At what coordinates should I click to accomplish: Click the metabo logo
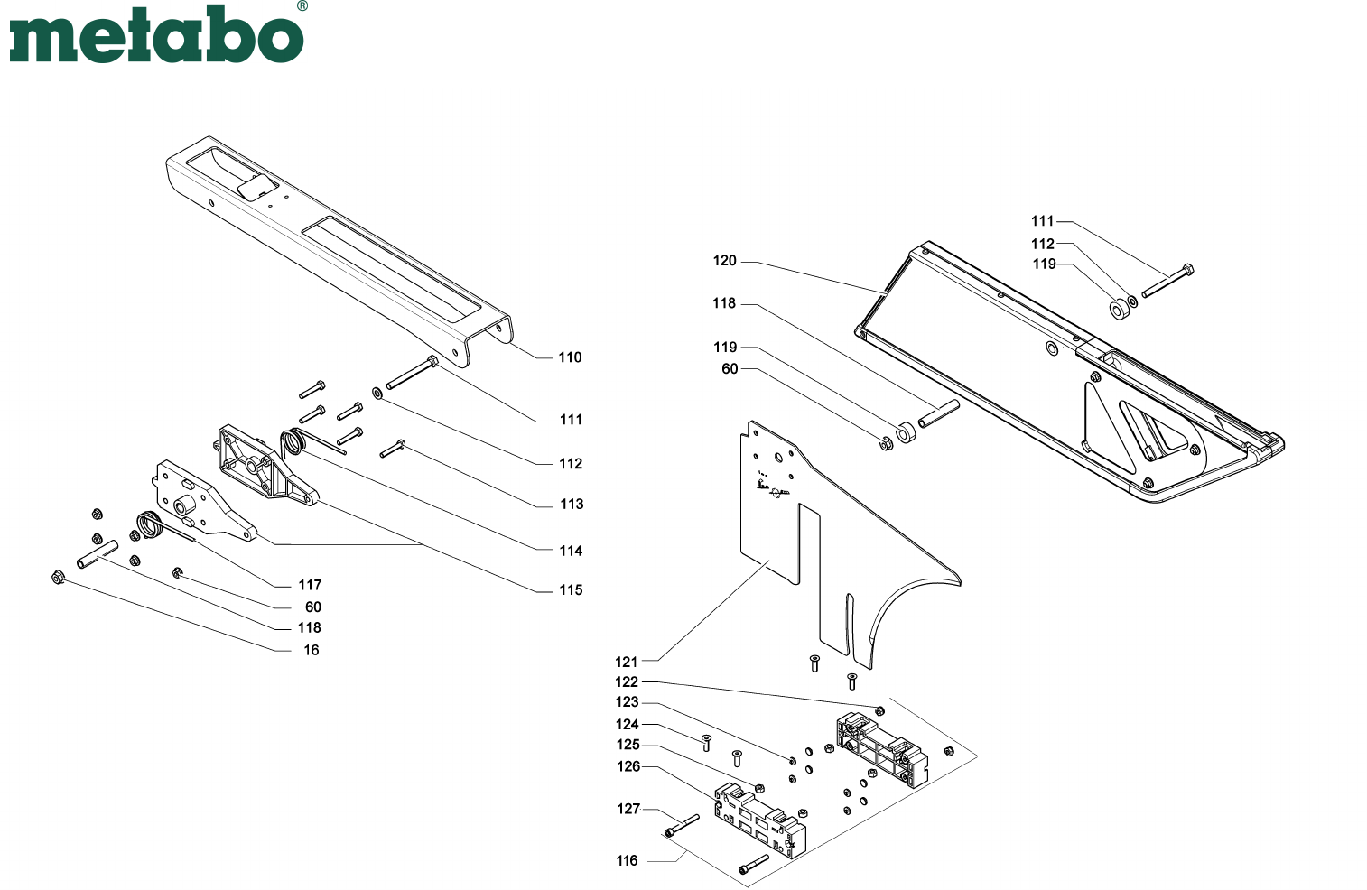(x=156, y=34)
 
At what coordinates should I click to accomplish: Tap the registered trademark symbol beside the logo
(x=302, y=6)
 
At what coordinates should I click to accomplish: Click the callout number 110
(x=570, y=357)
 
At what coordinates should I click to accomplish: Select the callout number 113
(x=572, y=504)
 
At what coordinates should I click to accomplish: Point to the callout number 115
(x=571, y=590)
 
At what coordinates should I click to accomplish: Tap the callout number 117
(x=310, y=585)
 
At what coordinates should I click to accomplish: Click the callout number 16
(x=312, y=650)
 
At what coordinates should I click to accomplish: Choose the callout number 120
(x=724, y=261)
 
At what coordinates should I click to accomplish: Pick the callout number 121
(x=626, y=662)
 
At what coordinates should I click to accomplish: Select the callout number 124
(x=627, y=724)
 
